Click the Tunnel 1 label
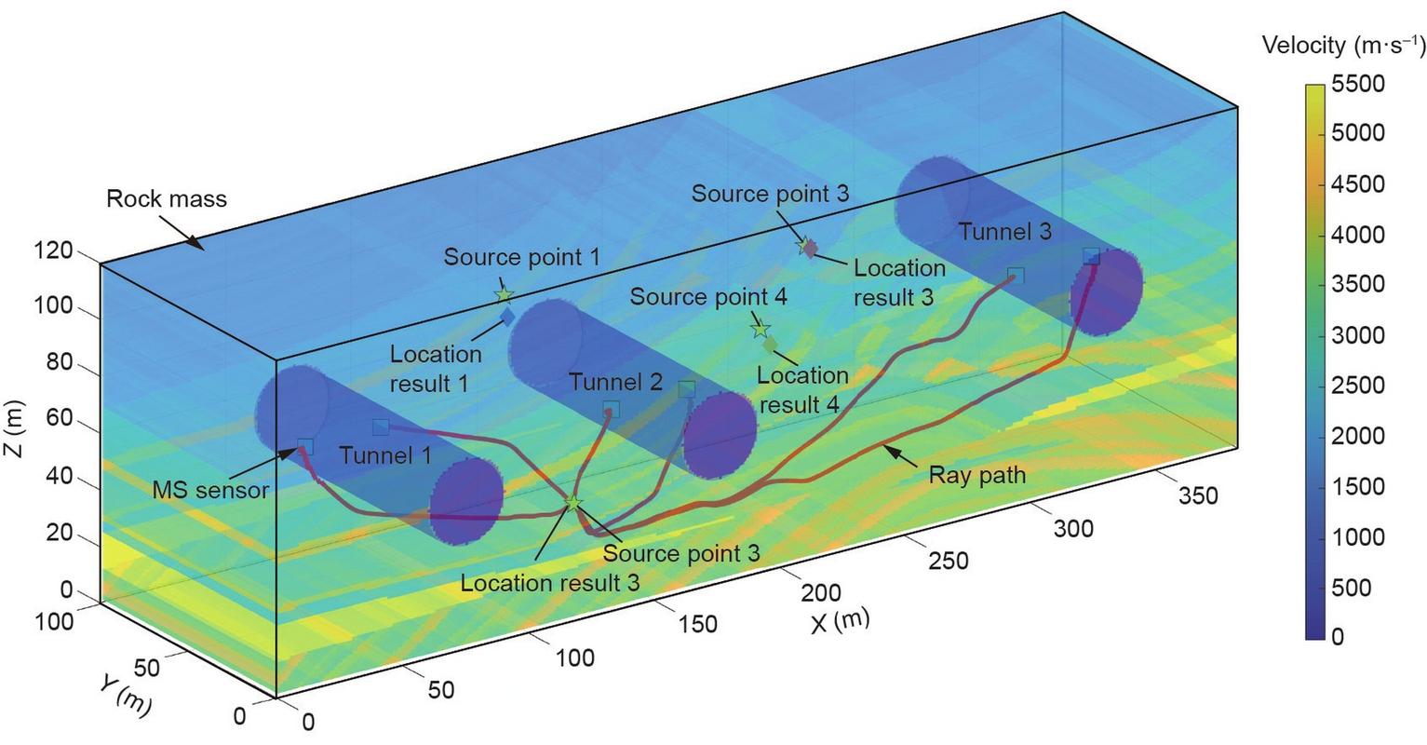384,455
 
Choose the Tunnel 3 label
1005,232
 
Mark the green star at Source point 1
504,295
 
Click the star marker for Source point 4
761,329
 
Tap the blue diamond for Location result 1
507,317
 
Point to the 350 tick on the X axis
1199,496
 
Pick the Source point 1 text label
521,257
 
